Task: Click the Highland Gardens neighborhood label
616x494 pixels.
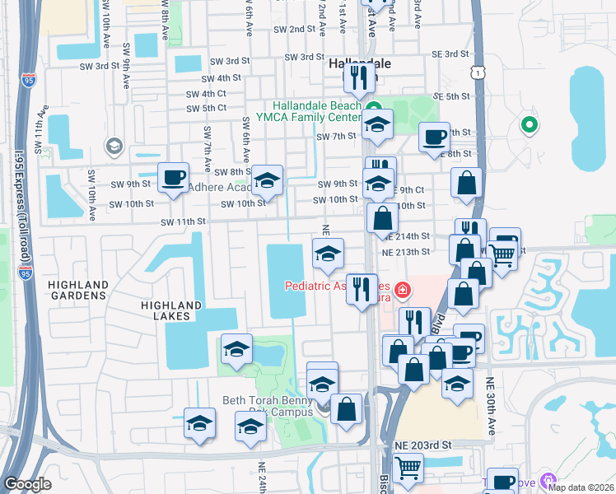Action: [x=78, y=291]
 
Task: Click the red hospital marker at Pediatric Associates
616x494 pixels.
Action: [x=402, y=290]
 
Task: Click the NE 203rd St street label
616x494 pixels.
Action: [x=423, y=445]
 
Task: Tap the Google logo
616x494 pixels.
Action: [x=28, y=484]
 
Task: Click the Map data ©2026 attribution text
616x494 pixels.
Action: [x=581, y=487]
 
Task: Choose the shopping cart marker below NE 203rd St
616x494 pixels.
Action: [x=408, y=468]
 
